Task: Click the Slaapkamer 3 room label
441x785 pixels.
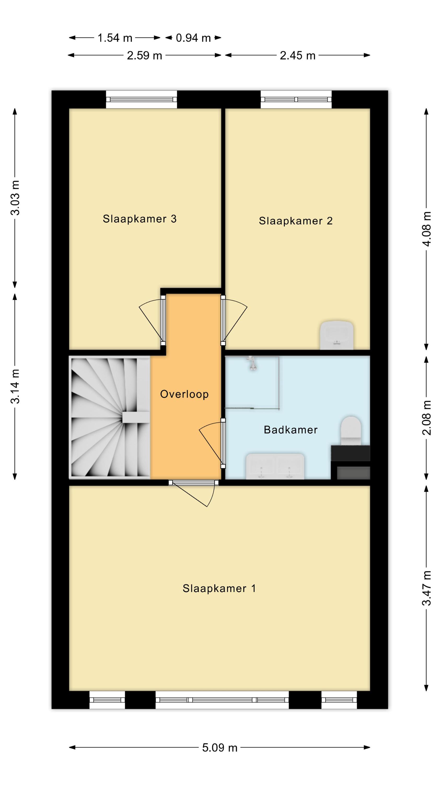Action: (x=140, y=219)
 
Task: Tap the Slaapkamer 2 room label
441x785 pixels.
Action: (x=295, y=221)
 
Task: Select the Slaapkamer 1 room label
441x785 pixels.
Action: (x=219, y=588)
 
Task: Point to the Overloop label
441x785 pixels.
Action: (x=184, y=394)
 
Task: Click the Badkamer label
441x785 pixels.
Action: (x=291, y=430)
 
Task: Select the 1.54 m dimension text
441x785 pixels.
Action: (x=115, y=38)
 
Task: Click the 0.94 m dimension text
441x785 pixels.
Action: (x=193, y=38)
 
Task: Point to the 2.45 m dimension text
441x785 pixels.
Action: (x=297, y=55)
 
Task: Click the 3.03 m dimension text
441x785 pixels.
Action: (x=15, y=198)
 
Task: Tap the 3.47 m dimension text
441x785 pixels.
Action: (x=427, y=588)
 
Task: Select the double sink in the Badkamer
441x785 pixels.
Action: (x=275, y=466)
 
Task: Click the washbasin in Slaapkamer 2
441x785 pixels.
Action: (x=336, y=335)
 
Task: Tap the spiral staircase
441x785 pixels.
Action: (x=111, y=417)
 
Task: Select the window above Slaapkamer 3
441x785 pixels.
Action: (x=141, y=99)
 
